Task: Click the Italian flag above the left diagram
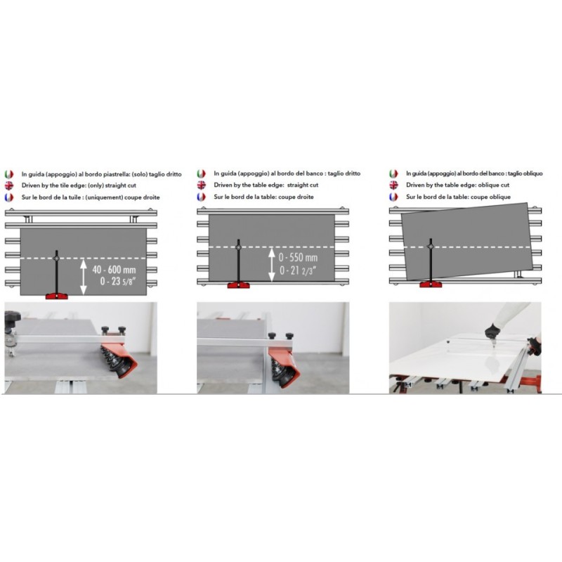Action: click(9, 174)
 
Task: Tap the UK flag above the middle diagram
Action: click(202, 185)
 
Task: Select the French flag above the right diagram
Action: click(393, 197)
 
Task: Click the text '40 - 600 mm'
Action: click(114, 270)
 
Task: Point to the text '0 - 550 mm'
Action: click(298, 257)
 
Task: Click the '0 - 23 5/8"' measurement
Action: click(118, 282)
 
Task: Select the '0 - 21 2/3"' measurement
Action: click(297, 270)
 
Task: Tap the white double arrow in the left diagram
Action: click(84, 277)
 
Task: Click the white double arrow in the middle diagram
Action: click(272, 265)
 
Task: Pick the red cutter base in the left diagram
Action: click(57, 296)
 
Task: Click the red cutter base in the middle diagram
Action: click(239, 285)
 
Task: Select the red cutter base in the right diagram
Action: click(431, 285)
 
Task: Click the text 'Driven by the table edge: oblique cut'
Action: click(458, 185)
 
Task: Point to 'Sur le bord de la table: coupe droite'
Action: click(264, 197)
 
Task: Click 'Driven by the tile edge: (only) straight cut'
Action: click(79, 185)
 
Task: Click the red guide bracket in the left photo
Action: click(119, 359)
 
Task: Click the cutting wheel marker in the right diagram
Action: click(431, 247)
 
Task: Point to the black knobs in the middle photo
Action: click(280, 336)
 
